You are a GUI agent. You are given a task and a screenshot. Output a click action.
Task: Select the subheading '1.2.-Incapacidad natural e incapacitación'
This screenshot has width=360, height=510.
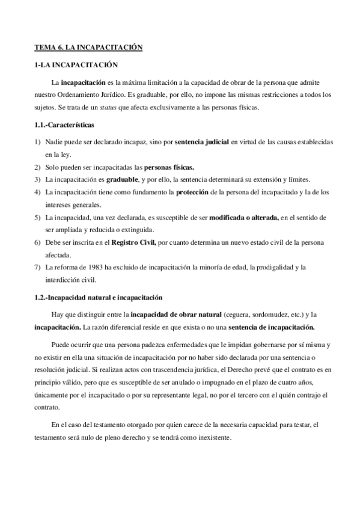pyautogui.click(x=97, y=298)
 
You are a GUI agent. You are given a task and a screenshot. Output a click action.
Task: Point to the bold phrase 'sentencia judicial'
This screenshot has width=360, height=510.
pyautogui.click(x=202, y=141)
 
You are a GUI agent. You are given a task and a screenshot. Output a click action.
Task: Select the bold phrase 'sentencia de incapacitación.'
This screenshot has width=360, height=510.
pyautogui.click(x=268, y=327)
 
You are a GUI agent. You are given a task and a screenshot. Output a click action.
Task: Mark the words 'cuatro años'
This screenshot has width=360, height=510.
pyautogui.click(x=305, y=382)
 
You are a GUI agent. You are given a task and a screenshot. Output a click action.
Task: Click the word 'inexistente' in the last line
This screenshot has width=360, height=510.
pyautogui.click(x=210, y=437)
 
